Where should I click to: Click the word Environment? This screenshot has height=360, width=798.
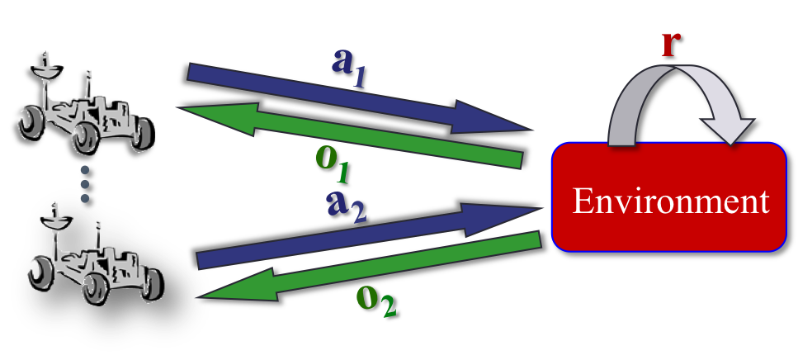670,201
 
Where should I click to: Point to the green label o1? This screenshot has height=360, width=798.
333,165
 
